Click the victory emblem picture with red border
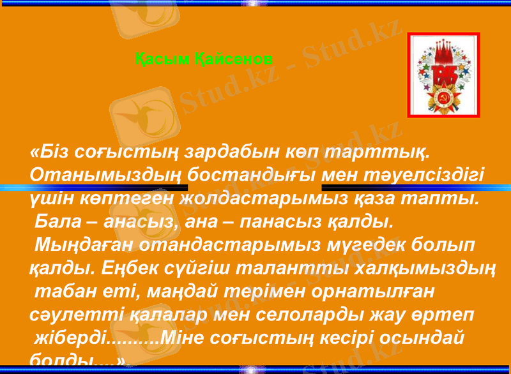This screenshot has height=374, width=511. pos(443,75)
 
